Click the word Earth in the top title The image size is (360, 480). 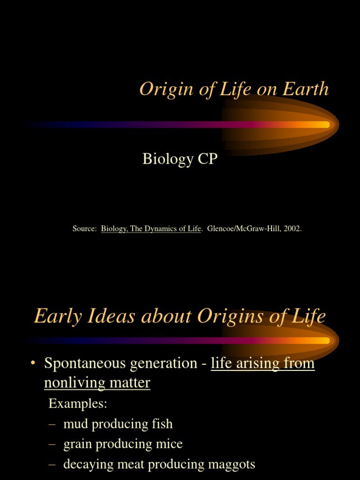pyautogui.click(x=305, y=89)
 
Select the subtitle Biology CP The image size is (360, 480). pyautogui.click(x=180, y=159)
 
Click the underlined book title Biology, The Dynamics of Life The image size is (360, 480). pyautogui.click(x=151, y=229)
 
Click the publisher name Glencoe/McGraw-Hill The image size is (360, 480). pyautogui.click(x=243, y=229)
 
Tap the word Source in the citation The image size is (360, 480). pyautogui.click(x=84, y=229)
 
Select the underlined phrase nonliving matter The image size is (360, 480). pyautogui.click(x=97, y=383)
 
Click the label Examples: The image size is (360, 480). pyautogui.click(x=78, y=404)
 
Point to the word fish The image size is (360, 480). pyautogui.click(x=162, y=424)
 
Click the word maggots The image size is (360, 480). pyautogui.click(x=231, y=465)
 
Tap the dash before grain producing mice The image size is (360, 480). pyautogui.click(x=52, y=444)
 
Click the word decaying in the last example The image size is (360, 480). pyautogui.click(x=86, y=465)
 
